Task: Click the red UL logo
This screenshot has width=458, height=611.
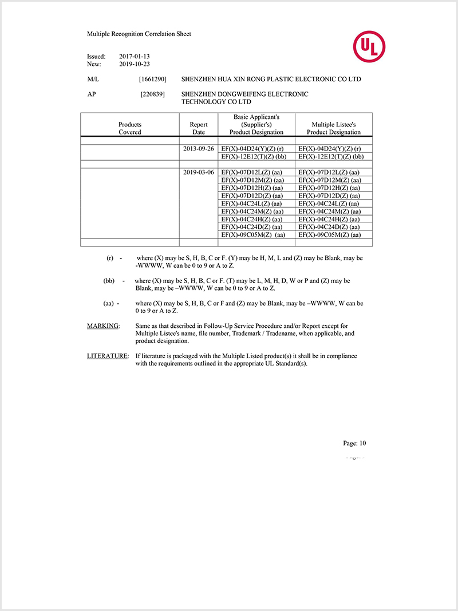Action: click(369, 47)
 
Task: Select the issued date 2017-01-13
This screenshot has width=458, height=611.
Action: click(135, 57)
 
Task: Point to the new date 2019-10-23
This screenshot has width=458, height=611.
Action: click(135, 65)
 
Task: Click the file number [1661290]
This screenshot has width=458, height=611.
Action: click(152, 79)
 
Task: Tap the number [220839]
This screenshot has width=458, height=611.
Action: click(153, 94)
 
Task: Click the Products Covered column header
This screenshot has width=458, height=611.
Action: click(130, 128)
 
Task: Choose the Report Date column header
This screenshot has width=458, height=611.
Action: click(199, 128)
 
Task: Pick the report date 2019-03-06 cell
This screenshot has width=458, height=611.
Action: click(199, 172)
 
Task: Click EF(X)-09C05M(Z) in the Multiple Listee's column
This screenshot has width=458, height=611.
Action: click(330, 235)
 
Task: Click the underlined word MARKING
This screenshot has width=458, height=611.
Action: click(103, 326)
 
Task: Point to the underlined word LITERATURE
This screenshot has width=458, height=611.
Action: click(108, 356)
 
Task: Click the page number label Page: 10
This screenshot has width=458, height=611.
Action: click(354, 443)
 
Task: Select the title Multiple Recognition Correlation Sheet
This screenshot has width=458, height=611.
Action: click(139, 34)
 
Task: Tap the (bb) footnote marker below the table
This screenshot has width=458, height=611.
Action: click(109, 281)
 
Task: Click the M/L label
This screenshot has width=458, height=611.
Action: click(93, 79)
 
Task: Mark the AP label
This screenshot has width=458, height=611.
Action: click(92, 94)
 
